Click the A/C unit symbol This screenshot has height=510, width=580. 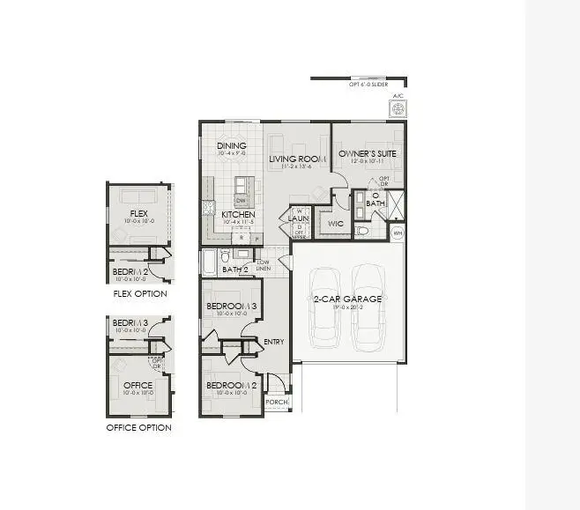pos(398,108)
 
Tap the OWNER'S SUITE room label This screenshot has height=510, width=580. pos(368,154)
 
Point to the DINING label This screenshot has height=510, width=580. pos(232,146)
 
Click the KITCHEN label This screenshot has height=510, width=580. pos(238,215)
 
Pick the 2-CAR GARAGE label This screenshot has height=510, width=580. pos(348,299)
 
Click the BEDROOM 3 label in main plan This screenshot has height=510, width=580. pos(231,307)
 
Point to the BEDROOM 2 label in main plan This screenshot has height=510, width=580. pos(231,386)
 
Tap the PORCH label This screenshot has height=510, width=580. pos(277,402)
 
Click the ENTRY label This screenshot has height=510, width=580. pos(273,342)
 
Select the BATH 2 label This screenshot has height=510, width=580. pos(235,270)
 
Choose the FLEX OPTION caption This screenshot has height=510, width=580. pos(139,293)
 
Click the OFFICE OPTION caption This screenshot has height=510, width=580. pos(138,428)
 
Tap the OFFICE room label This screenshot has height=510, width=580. pos(138,385)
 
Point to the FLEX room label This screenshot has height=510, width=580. pos(138,214)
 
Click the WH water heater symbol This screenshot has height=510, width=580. pos(398,233)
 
